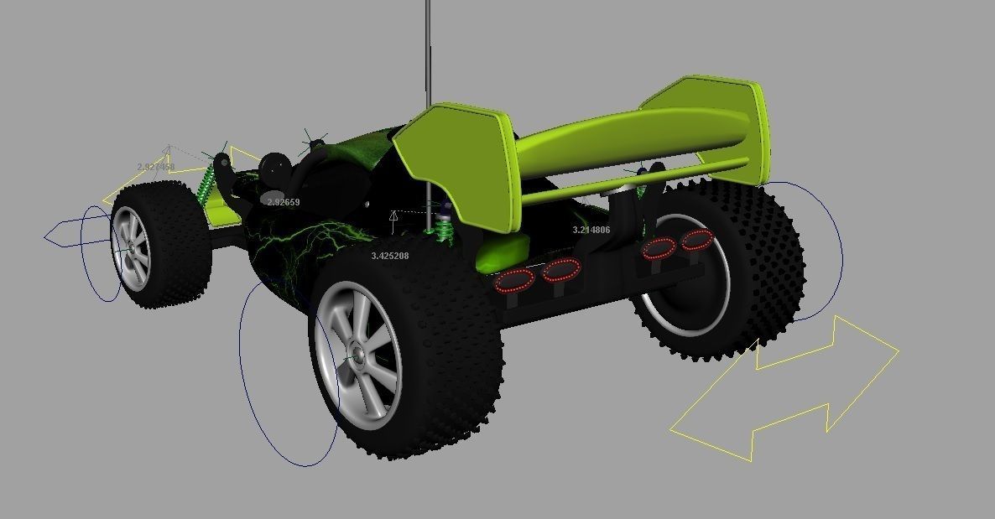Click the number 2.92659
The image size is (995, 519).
click(x=284, y=202)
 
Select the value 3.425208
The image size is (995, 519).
click(x=390, y=255)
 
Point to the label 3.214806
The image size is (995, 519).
click(x=591, y=230)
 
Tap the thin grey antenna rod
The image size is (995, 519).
click(x=428, y=50)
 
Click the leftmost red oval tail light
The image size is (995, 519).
click(x=514, y=281)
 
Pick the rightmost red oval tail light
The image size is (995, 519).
click(x=696, y=241)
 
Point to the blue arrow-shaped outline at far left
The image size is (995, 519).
click(x=64, y=236)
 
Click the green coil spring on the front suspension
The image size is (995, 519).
click(x=204, y=182)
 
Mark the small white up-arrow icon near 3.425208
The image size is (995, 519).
click(x=393, y=219)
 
